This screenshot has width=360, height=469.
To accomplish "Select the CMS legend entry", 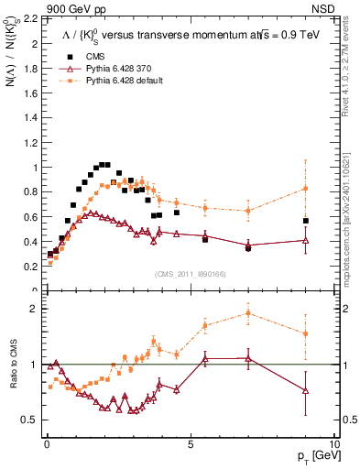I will click(x=89, y=57).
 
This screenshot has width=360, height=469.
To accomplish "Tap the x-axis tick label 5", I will click(x=190, y=443).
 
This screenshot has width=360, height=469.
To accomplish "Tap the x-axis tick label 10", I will click(x=333, y=443).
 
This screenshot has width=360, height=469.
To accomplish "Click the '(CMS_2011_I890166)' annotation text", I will click(x=191, y=273).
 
